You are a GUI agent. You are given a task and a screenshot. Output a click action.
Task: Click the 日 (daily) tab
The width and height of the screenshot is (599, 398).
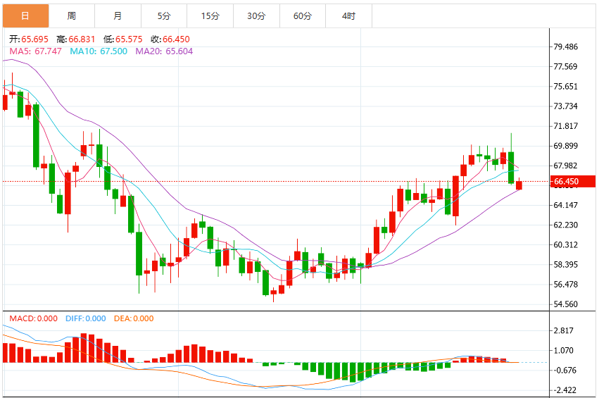point(25,15)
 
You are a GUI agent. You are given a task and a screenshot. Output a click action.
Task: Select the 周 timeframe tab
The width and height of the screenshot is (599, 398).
point(72,15)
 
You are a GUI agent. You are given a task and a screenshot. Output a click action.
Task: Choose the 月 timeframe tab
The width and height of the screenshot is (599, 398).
point(118,15)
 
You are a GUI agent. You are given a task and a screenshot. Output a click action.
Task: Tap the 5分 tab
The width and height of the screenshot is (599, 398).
point(164,15)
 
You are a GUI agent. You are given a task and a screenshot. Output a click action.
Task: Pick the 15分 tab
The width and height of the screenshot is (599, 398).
point(210,15)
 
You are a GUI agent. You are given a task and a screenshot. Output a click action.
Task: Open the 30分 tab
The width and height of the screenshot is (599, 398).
point(256,15)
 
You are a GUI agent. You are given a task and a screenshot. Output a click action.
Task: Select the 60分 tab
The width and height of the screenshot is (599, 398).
point(303,15)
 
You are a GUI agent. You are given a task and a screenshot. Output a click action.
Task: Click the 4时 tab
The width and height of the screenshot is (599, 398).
point(349,15)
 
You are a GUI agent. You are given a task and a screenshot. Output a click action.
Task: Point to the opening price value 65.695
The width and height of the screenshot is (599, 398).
point(34,39)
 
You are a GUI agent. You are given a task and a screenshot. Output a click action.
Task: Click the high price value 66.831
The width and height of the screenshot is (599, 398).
point(82,39)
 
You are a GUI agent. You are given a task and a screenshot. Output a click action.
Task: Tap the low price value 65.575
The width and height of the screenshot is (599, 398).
point(129,39)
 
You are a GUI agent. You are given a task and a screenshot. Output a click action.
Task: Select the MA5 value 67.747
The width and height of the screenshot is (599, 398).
point(48,51)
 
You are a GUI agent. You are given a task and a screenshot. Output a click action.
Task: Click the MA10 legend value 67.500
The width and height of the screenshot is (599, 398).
point(113,51)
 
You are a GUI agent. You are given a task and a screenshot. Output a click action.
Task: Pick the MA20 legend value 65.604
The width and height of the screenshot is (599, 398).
point(179,51)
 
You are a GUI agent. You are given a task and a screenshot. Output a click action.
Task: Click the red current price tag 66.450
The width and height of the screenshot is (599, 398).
point(572,181)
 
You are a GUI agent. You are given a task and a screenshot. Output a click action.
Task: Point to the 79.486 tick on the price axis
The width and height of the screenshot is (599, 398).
point(566,46)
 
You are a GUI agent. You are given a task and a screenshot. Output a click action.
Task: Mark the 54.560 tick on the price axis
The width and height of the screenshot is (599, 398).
point(566,304)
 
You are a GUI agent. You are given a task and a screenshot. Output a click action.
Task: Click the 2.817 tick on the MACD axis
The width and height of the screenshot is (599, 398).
point(564,330)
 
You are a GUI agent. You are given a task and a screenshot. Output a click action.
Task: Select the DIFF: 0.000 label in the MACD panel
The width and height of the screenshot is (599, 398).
point(86,318)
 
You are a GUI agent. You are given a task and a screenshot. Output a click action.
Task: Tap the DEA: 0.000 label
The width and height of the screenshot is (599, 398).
point(134,318)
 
